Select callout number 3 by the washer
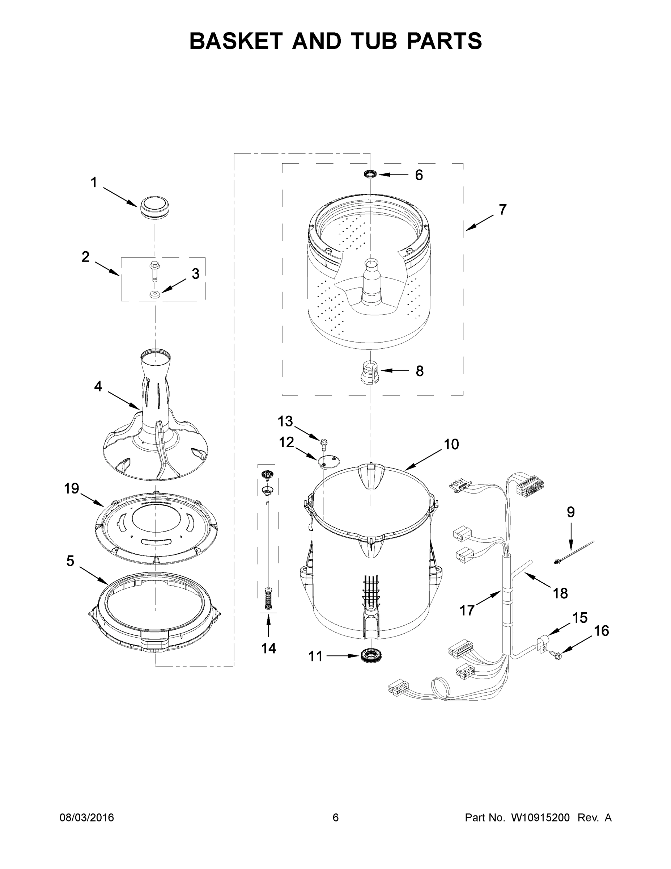(x=196, y=274)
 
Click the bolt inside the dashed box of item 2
(x=153, y=270)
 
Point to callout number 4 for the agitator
(x=98, y=386)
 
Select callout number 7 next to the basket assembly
(x=503, y=210)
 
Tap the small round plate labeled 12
(x=329, y=462)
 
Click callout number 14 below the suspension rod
(x=269, y=648)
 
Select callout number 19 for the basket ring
(x=72, y=488)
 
